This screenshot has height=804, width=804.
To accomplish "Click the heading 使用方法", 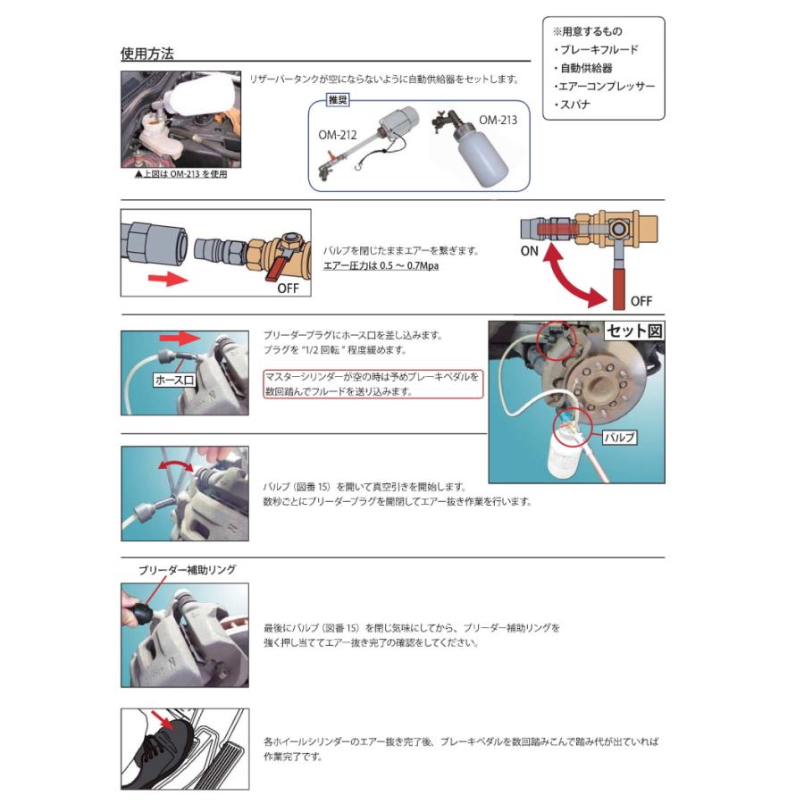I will pyautogui.click(x=147, y=53).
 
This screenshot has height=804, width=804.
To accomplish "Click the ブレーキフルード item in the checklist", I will pyautogui.click(x=596, y=50).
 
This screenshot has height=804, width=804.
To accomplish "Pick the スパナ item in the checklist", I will pyautogui.click(x=573, y=105).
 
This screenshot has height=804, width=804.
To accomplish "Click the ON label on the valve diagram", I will pyautogui.click(x=530, y=251).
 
